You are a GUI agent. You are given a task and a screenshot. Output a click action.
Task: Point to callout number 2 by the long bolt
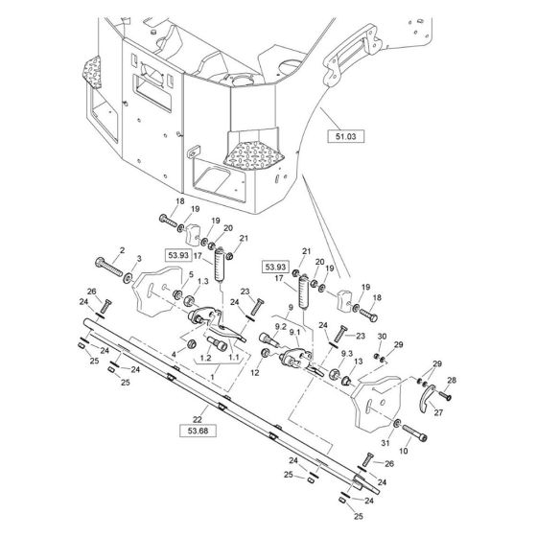(x=122, y=250)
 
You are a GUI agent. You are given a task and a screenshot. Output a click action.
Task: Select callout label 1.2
(x=204, y=357)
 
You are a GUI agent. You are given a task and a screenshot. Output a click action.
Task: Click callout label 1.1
(x=235, y=357)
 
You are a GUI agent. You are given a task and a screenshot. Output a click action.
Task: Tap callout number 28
(x=453, y=381)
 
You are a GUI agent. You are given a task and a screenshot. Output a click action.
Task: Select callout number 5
(x=191, y=275)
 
